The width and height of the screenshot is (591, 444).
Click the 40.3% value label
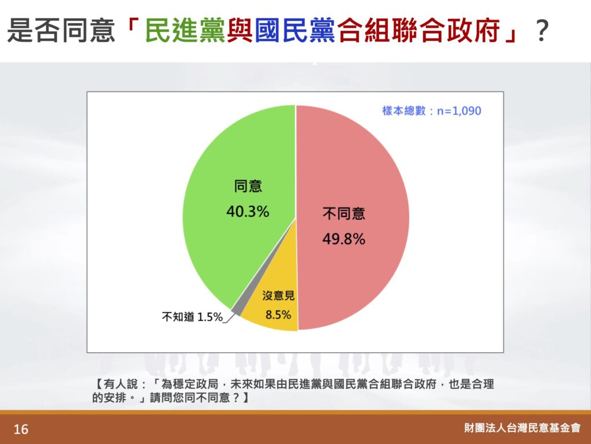coord(248,212)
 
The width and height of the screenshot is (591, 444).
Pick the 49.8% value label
coord(344,239)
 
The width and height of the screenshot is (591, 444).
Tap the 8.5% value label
coord(278,314)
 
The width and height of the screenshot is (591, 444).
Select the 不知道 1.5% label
coord(192,317)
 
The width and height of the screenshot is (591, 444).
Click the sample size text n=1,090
coord(459,110)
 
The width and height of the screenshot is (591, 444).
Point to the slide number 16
coord(21,429)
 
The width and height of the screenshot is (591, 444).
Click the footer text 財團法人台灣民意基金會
coord(522,428)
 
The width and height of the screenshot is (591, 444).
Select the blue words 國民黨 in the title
coord(295,30)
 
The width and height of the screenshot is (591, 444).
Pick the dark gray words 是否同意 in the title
coord(61,30)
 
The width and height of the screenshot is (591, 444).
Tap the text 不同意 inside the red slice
coord(344,214)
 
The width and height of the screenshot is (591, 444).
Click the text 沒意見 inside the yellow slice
coord(278,295)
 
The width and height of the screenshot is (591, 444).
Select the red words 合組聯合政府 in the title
coord(419,30)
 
